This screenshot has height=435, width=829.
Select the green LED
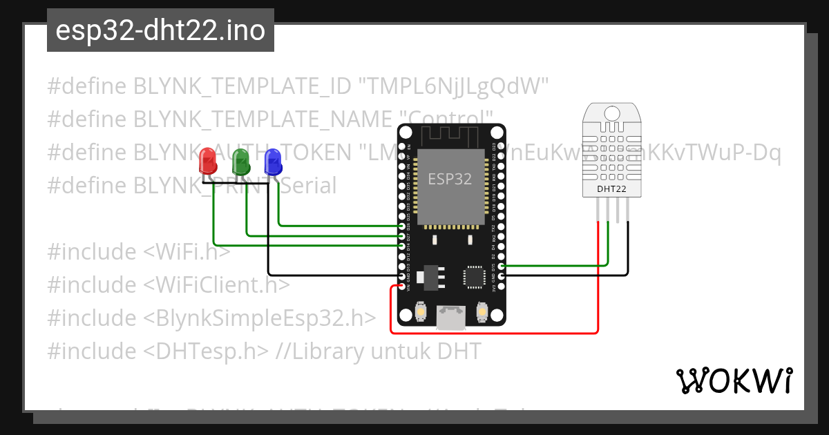pyautogui.click(x=241, y=162)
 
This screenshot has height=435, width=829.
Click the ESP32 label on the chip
pyautogui.click(x=450, y=179)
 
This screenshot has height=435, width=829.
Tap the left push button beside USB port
pyautogui.click(x=421, y=314)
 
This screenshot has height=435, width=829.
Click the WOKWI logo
pyautogui.click(x=734, y=380)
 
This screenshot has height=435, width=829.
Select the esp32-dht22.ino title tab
pyautogui.click(x=160, y=30)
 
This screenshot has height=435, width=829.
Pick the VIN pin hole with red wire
pyautogui.click(x=402, y=285)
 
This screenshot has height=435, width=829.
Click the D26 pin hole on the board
pyautogui.click(x=402, y=226)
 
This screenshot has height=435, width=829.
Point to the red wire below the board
pyautogui.click(x=497, y=333)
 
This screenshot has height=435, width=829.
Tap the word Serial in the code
pyautogui.click(x=309, y=185)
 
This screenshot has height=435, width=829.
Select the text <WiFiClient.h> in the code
pyautogui.click(x=217, y=284)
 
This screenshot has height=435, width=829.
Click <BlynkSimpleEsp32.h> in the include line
pyautogui.click(x=260, y=318)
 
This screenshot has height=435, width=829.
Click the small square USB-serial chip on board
pyautogui.click(x=475, y=277)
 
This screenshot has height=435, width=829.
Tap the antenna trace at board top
pyautogui.click(x=450, y=134)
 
